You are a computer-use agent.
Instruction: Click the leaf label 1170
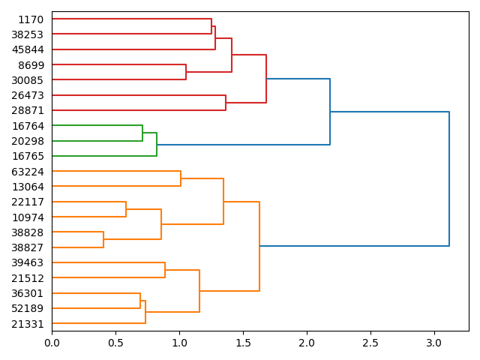pos(31,19)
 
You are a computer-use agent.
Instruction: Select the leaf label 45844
pos(28,49)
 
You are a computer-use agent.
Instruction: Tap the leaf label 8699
pos(31,65)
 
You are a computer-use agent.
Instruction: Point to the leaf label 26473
pos(28,95)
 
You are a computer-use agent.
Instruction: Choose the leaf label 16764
pos(28,126)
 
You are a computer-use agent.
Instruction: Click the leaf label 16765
pos(28,156)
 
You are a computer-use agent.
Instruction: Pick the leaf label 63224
pos(28,172)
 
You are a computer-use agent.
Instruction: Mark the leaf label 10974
pos(28,217)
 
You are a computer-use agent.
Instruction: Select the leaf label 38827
pos(28,247)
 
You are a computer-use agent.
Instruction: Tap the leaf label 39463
pos(28,262)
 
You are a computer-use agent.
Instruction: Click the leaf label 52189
pos(28,308)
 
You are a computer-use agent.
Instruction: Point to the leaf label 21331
pos(28,323)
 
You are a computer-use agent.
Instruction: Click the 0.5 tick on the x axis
pos(115,343)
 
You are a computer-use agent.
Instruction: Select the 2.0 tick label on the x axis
pos(307,343)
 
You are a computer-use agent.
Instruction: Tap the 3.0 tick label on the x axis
pos(434,343)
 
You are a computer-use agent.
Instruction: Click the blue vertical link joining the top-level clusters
pos(449,178)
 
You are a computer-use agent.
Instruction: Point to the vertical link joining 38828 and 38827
pos(103,240)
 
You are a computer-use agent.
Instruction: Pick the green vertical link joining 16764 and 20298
pos(142,133)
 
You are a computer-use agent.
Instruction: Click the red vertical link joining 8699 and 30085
pos(186,72)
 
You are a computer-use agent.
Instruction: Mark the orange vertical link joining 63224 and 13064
pos(181,179)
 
